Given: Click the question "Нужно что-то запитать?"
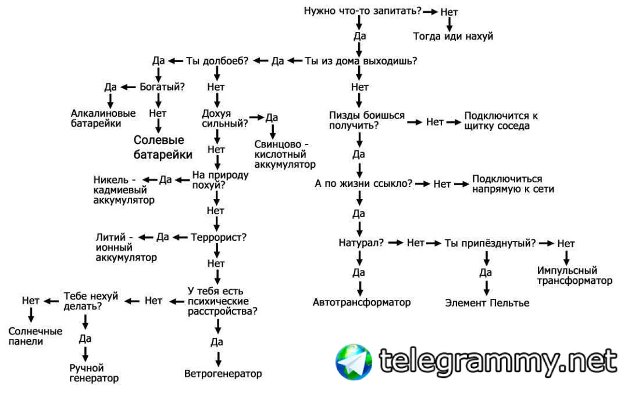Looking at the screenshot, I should (362, 10).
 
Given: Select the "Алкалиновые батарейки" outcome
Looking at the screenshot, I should (104, 118).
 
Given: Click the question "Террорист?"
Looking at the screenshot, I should (219, 237).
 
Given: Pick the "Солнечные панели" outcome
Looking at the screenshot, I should (35, 336).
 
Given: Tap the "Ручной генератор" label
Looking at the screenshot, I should (94, 373).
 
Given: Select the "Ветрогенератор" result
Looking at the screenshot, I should (223, 373).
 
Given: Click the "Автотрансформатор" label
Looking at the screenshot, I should (361, 302).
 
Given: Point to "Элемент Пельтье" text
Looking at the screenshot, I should (487, 302).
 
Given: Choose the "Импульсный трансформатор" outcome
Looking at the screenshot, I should (575, 276).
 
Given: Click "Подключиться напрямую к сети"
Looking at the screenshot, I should (513, 184).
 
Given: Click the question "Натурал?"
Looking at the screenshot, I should (361, 243).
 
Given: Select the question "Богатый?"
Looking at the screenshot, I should (162, 87).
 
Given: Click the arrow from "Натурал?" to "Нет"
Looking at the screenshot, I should (395, 243).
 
